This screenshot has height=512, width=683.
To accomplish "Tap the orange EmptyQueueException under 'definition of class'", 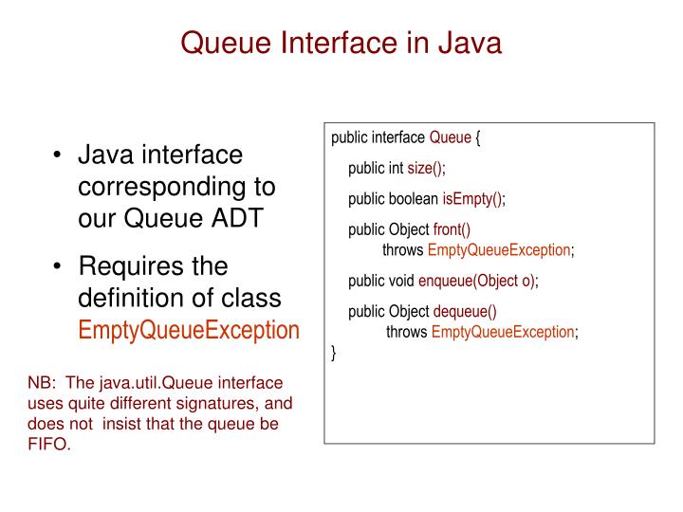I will [188, 331].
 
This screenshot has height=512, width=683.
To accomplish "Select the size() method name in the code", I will [426, 169].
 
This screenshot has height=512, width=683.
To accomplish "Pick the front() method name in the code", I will [452, 230].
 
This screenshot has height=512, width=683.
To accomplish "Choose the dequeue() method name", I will [465, 311].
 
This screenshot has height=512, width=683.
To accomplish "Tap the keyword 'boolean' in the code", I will [413, 199].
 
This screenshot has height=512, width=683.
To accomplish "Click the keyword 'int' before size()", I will [396, 169].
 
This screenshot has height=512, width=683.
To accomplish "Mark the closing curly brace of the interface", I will [334, 354].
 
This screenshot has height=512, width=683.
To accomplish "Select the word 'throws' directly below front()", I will [403, 250].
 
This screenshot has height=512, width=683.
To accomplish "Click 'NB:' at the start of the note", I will [43, 384].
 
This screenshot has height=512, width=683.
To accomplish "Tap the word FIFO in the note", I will [48, 445].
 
